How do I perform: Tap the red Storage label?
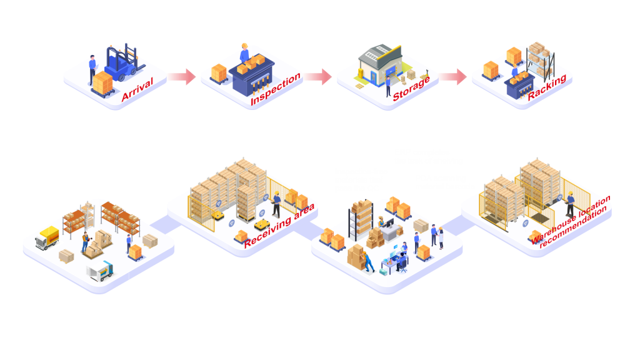[x=411, y=89]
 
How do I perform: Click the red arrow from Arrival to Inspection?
[x=181, y=77]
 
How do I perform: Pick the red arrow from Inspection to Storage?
[x=317, y=77]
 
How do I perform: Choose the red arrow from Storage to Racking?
[x=452, y=77]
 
